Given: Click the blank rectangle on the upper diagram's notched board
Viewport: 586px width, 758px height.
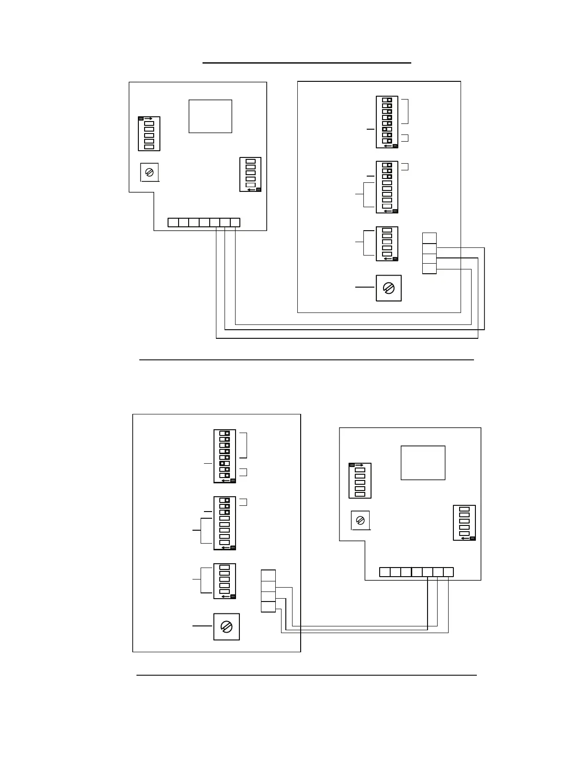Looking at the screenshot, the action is [210, 116].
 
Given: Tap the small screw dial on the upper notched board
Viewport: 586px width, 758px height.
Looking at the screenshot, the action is [149, 172].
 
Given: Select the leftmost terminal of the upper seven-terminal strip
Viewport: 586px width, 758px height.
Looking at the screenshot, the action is [173, 222].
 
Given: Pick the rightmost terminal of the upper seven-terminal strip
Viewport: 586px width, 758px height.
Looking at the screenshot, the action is [235, 222].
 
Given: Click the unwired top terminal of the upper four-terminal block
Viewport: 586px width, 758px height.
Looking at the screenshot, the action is [429, 238].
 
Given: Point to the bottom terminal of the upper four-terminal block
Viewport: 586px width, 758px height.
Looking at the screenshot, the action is [429, 268].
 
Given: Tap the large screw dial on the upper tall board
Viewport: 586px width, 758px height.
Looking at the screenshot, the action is [389, 288].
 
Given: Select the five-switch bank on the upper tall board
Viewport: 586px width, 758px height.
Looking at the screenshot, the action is [387, 244].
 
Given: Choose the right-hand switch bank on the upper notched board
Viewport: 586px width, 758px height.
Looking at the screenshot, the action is [250, 174].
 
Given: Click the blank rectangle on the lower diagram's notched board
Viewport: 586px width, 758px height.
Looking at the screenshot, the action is [423, 463].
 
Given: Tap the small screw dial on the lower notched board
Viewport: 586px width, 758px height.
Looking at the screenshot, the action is [361, 520].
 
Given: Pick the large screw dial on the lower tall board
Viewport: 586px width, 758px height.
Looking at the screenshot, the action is [226, 626].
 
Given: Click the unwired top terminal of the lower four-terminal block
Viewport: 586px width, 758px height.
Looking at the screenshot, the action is [268, 575].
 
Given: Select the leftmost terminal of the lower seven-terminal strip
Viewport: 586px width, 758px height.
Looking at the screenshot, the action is [384, 572].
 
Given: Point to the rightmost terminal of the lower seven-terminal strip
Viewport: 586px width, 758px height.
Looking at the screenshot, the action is [448, 572].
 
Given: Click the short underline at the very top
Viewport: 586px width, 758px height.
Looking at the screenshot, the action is [307, 63].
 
